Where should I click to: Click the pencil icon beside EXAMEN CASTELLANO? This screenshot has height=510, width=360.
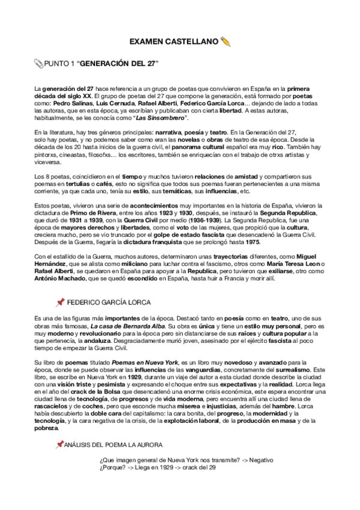pyautogui.click(x=226, y=41)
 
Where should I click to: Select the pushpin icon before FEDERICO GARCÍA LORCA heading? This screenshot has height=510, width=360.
pyautogui.click(x=59, y=302)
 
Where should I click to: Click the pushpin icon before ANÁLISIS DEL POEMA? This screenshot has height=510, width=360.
pyautogui.click(x=59, y=444)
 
